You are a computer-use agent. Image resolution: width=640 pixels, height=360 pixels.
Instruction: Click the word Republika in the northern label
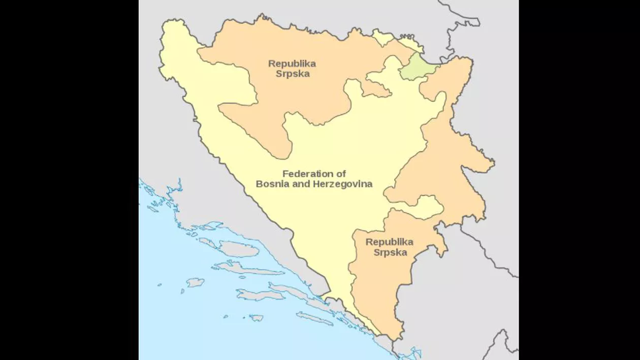click(x=292, y=64)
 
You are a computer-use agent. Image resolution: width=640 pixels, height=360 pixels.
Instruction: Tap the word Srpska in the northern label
click(x=292, y=74)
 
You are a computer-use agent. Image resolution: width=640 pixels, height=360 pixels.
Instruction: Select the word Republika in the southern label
click(x=389, y=242)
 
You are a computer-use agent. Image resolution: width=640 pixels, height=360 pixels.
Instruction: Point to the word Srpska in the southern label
click(x=390, y=252)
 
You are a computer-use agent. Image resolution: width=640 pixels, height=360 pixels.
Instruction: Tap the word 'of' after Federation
click(x=340, y=174)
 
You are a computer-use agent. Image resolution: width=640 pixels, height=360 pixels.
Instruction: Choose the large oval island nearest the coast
click(x=239, y=249)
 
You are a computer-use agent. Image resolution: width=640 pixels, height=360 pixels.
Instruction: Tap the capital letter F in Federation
click(x=285, y=174)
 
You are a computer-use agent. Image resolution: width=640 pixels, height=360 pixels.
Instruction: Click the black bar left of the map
click(x=69, y=180)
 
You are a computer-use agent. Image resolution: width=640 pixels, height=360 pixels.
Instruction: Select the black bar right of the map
click(x=579, y=180)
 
